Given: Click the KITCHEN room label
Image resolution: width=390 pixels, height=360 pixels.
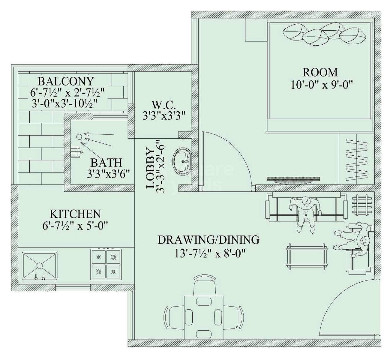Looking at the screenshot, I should click(75, 214).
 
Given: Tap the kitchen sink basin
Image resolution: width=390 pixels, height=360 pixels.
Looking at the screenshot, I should click(40, 265).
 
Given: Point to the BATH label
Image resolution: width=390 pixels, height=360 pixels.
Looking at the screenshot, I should click(106, 163).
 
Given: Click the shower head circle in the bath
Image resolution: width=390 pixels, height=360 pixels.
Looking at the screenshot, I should click(79, 137).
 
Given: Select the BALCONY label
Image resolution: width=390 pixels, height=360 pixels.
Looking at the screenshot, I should click(66, 81).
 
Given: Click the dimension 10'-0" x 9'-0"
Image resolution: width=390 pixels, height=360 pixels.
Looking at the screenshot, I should click(321, 85).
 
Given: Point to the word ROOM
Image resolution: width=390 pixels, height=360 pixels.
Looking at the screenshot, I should click(320, 73).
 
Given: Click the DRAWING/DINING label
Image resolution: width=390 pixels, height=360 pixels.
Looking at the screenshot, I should click(208, 240).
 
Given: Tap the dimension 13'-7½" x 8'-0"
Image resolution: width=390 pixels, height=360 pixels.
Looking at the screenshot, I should click(210, 254).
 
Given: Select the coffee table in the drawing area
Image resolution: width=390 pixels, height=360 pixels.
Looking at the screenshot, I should click(306, 255).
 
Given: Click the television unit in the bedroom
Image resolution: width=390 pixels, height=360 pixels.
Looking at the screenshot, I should click(293, 179).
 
